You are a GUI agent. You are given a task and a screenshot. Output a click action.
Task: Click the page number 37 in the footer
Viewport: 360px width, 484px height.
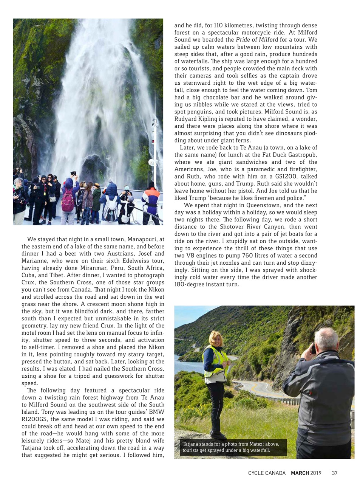coord(334,473)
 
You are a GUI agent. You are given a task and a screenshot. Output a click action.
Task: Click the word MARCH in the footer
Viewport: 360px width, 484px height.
coord(300,473)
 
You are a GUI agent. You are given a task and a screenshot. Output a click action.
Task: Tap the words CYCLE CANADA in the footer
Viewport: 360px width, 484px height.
coord(267,473)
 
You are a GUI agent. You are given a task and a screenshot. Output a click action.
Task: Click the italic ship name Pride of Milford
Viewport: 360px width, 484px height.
coord(257,40)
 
